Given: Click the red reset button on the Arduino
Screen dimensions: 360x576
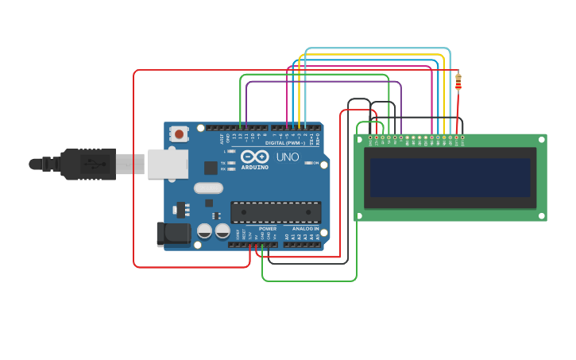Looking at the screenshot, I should coord(179,134).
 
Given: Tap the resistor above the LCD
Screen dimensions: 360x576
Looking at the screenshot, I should coord(458,80).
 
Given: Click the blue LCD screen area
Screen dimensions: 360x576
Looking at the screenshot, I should coord(450,177).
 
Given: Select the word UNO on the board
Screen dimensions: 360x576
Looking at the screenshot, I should coord(288,157).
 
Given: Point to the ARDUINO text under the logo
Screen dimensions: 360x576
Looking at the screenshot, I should coord(255,168).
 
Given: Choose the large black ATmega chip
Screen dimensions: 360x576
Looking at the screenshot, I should coord(276,212).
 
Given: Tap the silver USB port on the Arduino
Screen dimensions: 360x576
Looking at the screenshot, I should coord(168,164).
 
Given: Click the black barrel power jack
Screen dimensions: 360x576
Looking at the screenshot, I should coord(172,234).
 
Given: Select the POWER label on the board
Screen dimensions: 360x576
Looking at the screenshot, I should coord(268,229).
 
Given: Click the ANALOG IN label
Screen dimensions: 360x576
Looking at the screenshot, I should coord(305,229).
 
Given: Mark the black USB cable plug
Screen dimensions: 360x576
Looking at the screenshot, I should coord(87,165).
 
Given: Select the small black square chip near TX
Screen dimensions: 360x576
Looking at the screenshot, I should coord(211,168).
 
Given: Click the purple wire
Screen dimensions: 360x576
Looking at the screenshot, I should coord(324,81).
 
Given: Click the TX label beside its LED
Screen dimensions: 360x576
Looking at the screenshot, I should coord(223,163).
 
